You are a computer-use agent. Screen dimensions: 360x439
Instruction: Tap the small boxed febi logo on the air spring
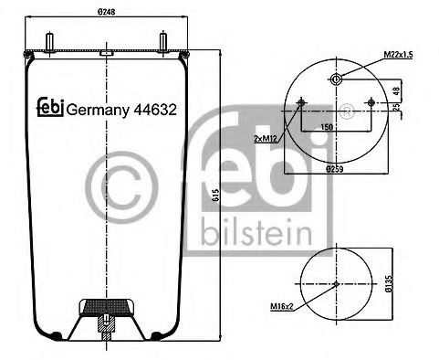49,106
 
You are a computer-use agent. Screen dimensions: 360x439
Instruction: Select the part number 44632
155,107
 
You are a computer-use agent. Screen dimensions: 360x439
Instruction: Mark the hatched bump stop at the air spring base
108,309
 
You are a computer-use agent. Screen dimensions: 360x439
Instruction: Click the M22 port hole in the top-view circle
337,79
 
